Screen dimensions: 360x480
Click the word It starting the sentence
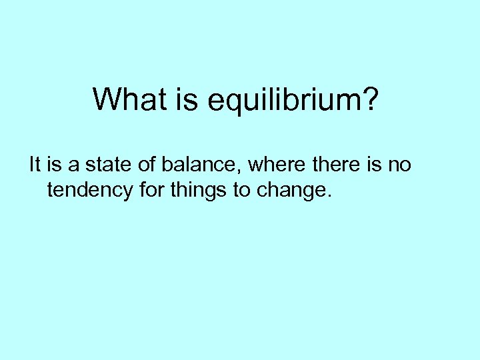click(x=35, y=165)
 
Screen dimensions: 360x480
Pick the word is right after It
click(x=54, y=165)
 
